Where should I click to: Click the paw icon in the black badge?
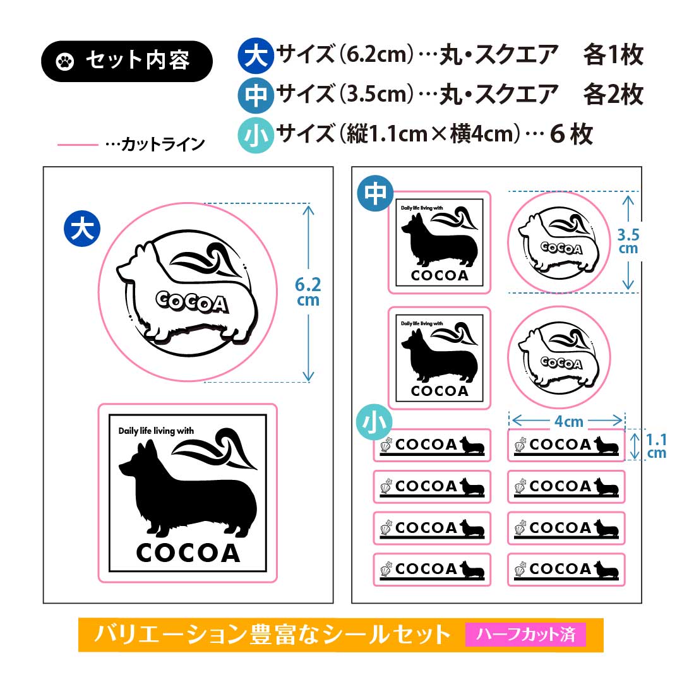65,61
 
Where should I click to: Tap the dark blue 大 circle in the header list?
256,55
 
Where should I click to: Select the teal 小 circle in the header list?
256,135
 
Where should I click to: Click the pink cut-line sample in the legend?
78,145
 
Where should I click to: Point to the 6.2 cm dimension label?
308,292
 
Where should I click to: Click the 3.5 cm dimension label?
628,241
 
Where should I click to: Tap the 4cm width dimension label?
568,421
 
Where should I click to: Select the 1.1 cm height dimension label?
656,446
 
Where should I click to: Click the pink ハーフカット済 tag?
525,635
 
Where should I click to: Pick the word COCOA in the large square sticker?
188,553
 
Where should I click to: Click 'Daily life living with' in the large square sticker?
156,431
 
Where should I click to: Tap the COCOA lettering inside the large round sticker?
192,302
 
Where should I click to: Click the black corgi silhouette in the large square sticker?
188,489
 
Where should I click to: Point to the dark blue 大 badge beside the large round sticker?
82,229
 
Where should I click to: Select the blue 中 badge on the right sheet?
375,193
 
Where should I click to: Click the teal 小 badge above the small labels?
374,422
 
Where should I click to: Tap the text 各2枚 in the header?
613,95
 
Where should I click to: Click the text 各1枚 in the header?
613,55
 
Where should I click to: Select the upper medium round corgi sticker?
559,242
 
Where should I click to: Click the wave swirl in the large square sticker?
215,448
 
